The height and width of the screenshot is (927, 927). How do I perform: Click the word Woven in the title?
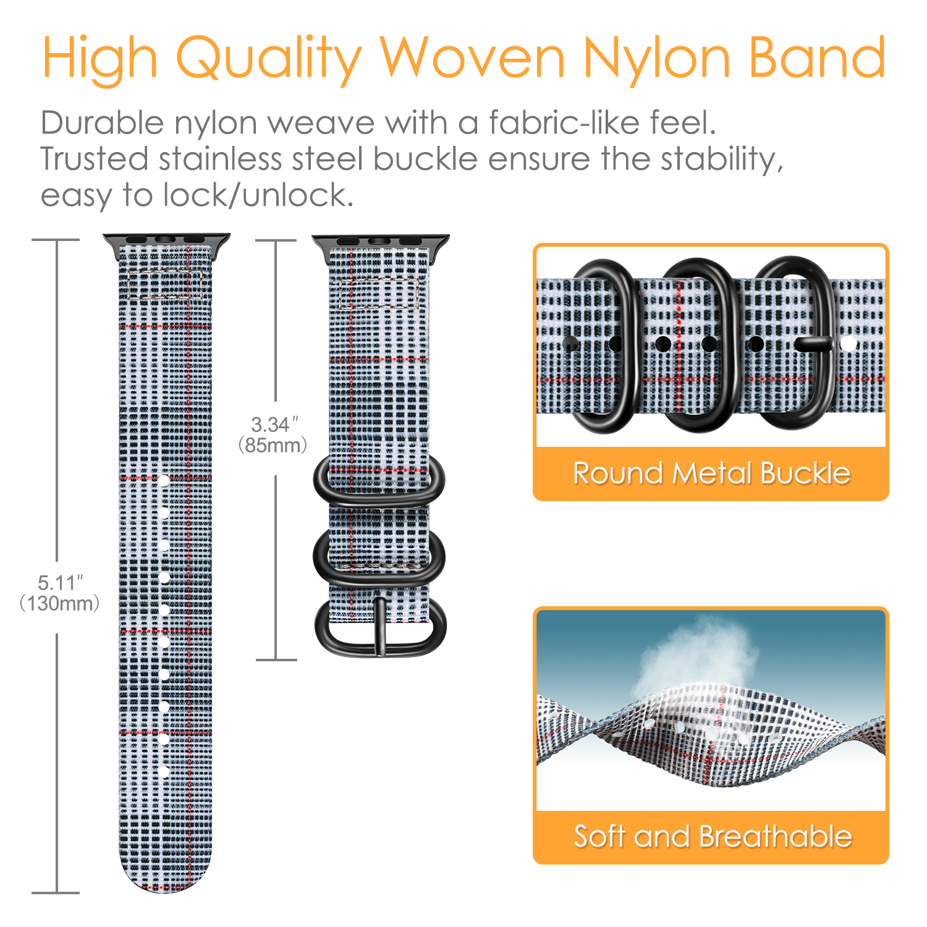(x=472, y=57)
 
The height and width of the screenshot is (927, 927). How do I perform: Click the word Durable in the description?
(x=103, y=122)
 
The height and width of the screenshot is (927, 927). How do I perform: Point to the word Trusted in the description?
(x=95, y=159)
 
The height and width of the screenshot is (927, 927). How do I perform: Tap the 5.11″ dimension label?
(x=60, y=583)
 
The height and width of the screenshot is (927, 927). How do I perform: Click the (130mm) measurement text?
(x=60, y=603)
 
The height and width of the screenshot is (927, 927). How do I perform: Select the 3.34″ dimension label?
(x=274, y=425)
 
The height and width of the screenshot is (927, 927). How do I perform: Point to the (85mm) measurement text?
(x=273, y=445)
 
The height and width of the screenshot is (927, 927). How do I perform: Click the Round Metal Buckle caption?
(x=711, y=473)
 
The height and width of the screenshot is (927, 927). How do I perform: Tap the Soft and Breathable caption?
(x=713, y=836)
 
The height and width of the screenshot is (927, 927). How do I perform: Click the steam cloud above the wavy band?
(x=698, y=655)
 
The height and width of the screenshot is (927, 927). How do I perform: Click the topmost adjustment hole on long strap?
(x=164, y=480)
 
